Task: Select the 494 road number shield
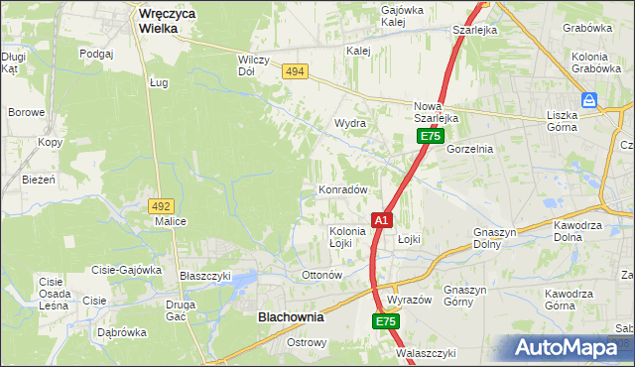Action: pyautogui.click(x=294, y=71)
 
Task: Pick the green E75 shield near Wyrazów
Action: pyautogui.click(x=386, y=322)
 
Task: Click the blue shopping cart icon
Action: pyautogui.click(x=589, y=100)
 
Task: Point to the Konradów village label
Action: pyautogui.click(x=343, y=189)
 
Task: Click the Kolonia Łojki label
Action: pyautogui.click(x=347, y=237)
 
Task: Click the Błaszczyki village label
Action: pyautogui.click(x=204, y=276)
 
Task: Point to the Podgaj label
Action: pyautogui.click(x=96, y=54)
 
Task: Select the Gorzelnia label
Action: pyautogui.click(x=469, y=149)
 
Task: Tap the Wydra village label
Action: pyautogui.click(x=350, y=124)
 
